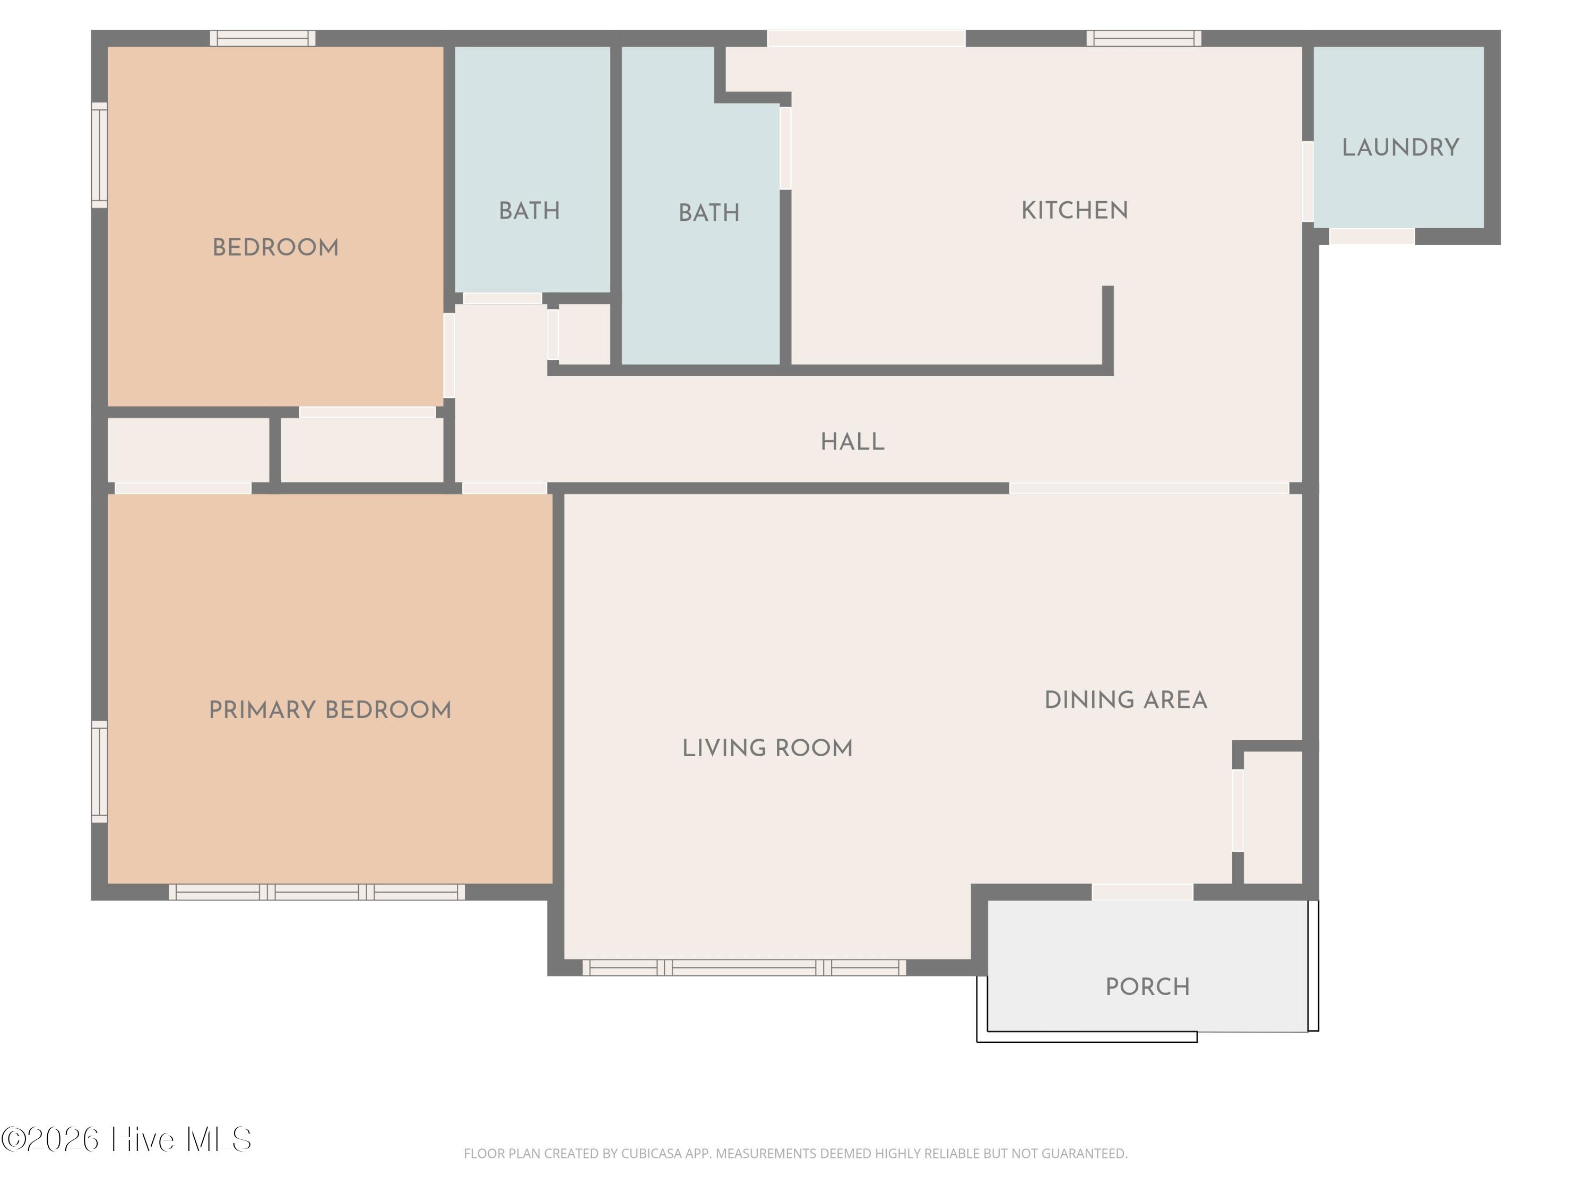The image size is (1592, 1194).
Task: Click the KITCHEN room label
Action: pos(1075,210)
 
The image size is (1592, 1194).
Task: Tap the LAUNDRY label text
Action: pos(1400,148)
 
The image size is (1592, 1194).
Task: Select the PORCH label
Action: pos(1147,987)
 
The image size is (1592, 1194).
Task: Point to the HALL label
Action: pos(852,442)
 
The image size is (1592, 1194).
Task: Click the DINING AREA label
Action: pos(1126,700)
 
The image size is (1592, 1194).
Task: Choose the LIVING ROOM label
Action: pos(767,748)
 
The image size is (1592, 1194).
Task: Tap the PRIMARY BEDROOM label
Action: pos(330,711)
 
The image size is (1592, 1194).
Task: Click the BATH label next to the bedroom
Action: pos(529,211)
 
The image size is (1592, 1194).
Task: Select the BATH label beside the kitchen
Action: pos(709,213)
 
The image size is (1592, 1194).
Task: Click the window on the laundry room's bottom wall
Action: pos(1372,236)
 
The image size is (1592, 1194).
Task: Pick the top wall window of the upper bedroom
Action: pos(263,38)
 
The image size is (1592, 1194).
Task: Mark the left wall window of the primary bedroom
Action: pos(99,772)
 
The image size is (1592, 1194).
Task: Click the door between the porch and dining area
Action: pos(1142,892)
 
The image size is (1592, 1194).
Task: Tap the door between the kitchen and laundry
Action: pos(1308,181)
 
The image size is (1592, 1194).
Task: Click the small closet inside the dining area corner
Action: pos(1273,817)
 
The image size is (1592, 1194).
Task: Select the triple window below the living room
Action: pos(744,967)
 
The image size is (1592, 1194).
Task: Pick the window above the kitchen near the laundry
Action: pos(1144,38)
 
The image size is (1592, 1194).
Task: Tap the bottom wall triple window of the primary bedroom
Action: pos(317,892)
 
